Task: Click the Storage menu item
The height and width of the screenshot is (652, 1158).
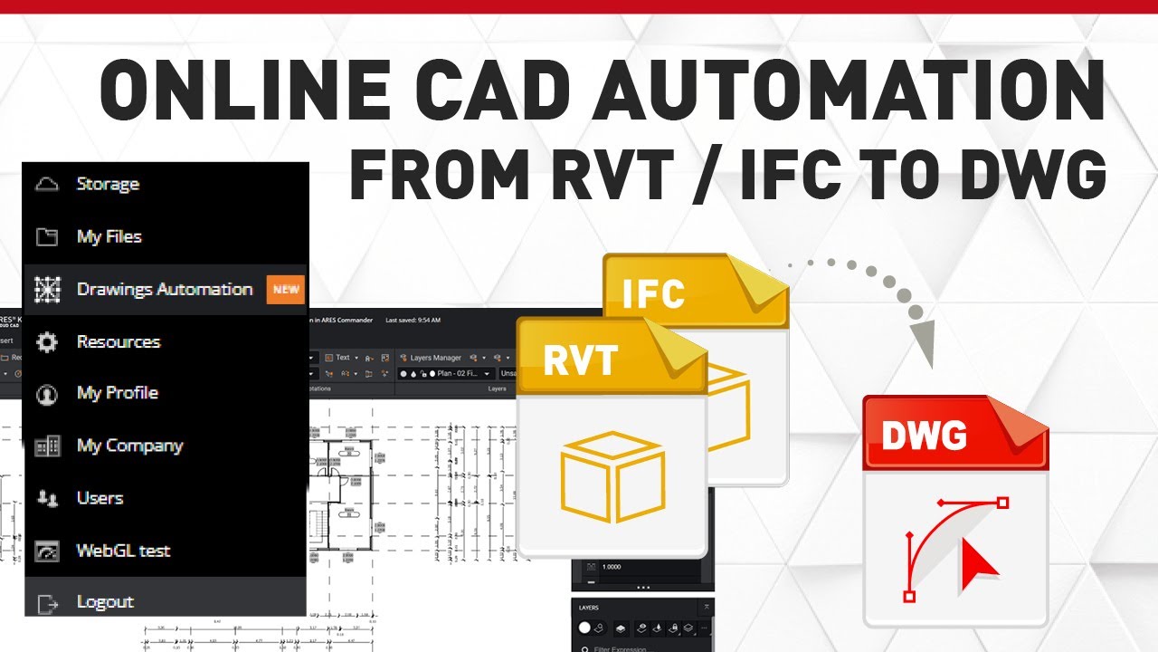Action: click(x=108, y=185)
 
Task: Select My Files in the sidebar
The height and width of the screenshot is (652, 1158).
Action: click(x=109, y=237)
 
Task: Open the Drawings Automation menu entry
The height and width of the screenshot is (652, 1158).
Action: click(x=164, y=290)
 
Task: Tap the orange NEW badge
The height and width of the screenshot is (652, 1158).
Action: click(x=286, y=290)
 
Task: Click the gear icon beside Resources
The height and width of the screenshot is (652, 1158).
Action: click(x=46, y=342)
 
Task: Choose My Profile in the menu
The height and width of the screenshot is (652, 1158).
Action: click(x=117, y=393)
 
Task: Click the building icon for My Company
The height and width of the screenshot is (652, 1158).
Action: click(x=46, y=446)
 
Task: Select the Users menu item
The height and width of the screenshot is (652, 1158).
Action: click(x=100, y=498)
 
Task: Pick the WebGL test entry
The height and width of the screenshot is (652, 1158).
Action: click(x=123, y=551)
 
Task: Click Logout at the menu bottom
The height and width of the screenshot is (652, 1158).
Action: click(x=105, y=602)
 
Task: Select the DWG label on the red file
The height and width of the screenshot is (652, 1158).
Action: click(x=924, y=436)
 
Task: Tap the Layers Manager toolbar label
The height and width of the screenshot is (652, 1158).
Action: click(x=435, y=358)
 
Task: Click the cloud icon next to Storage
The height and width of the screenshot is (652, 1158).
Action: click(x=46, y=185)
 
